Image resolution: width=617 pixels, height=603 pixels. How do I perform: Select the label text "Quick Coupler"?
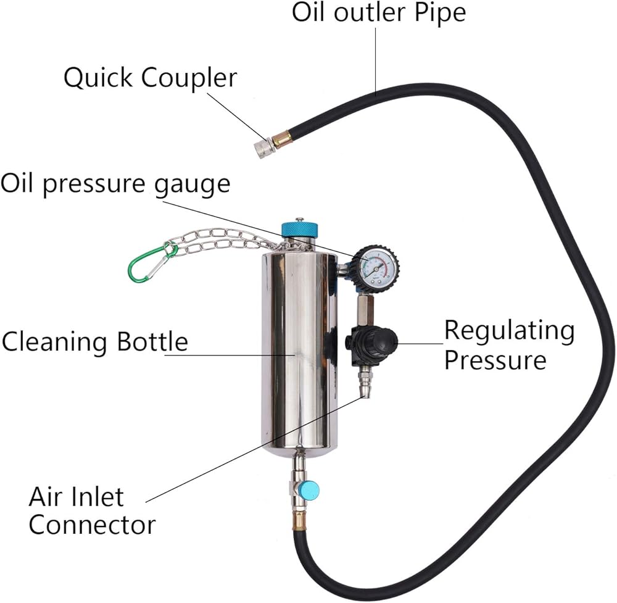point(151,78)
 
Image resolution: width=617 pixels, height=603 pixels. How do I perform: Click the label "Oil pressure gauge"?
point(115,183)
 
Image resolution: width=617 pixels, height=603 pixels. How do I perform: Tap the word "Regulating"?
point(509,331)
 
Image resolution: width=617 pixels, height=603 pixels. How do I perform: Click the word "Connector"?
point(92,525)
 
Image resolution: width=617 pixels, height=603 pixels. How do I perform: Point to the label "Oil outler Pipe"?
point(379,12)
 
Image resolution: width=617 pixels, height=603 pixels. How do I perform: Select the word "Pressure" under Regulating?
point(495,360)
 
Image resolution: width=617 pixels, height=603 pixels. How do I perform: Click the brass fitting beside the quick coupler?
point(284,138)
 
